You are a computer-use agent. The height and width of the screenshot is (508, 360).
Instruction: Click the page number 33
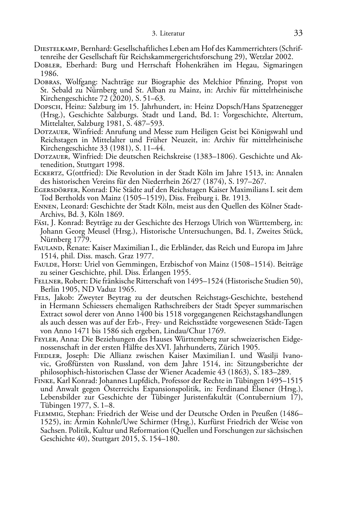pyautogui.click(x=298, y=33)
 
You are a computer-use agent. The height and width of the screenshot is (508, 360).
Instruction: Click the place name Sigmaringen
pyautogui.click(x=283, y=65)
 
